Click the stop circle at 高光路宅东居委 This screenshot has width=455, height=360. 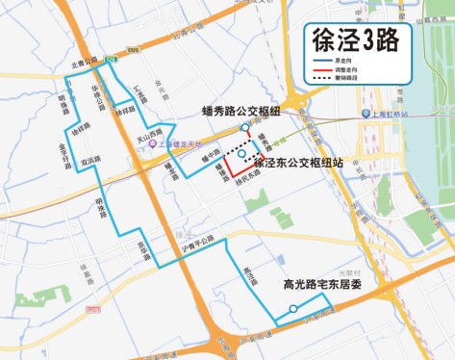coord(292,309)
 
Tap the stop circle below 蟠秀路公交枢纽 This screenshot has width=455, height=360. coord(245,127)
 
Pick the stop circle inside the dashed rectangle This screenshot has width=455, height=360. coord(242,152)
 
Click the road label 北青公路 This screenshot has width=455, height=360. coord(85,61)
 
